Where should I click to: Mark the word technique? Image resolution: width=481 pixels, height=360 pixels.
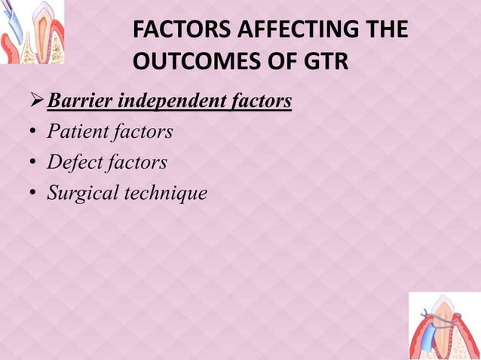pos(166,193)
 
